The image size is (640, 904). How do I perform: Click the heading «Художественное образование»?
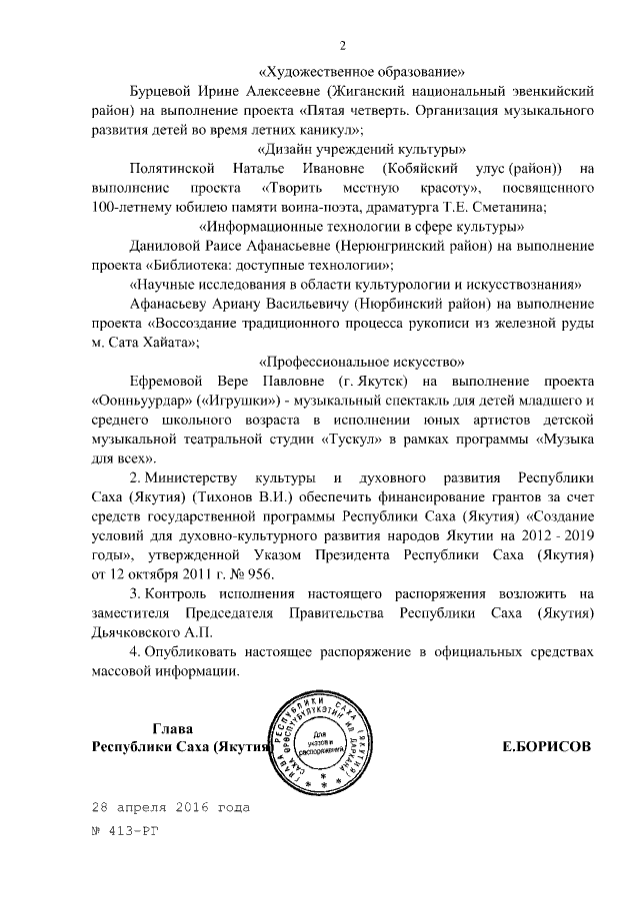361,72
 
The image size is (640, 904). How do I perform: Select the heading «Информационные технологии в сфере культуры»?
361,226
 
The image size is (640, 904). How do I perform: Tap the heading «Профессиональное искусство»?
361,361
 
